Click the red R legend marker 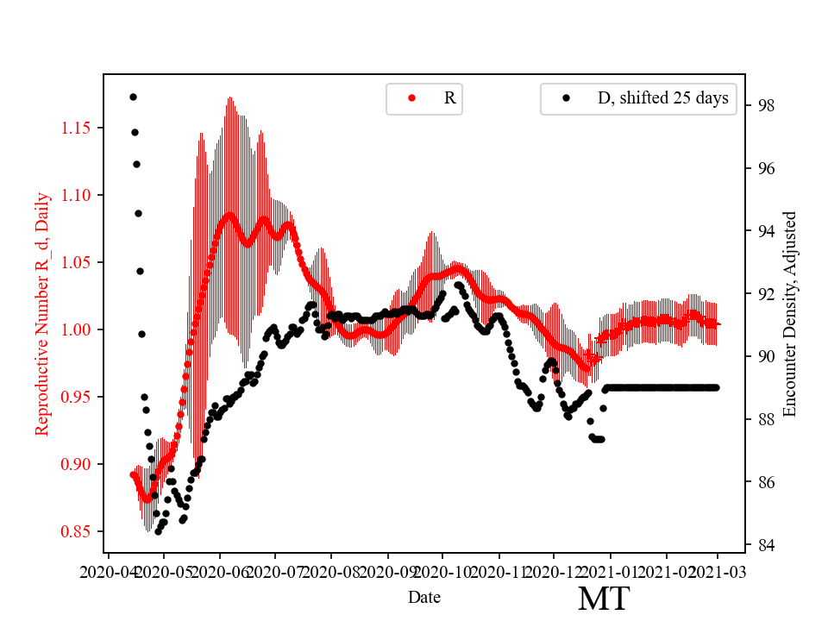pos(411,98)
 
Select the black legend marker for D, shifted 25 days pos(566,98)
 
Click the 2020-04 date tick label pos(108,573)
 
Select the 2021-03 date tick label pos(718,573)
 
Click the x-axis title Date pos(424,596)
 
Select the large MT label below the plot pos(603,599)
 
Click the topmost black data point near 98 pos(133,97)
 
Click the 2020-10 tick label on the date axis pos(442,573)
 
